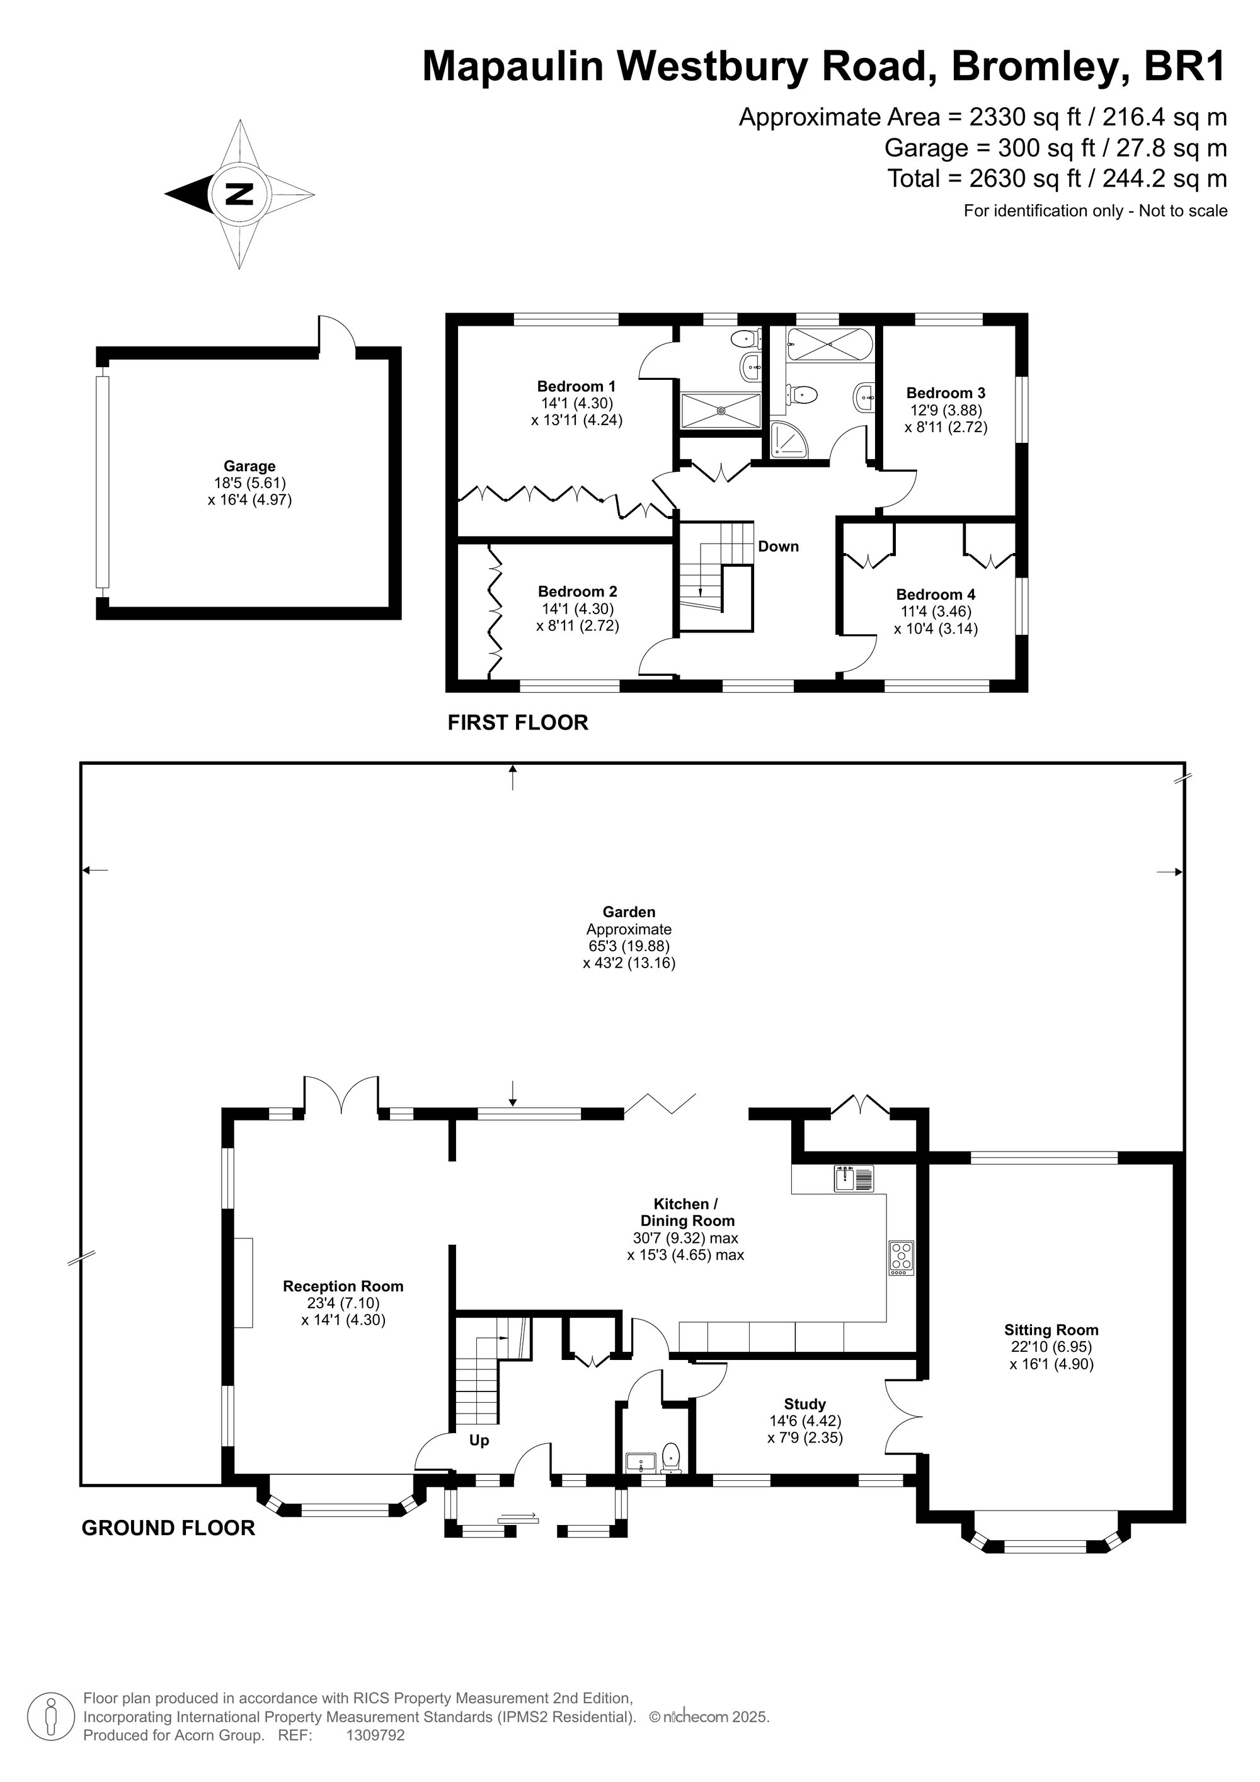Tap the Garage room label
click(249, 465)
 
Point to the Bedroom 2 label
click(578, 591)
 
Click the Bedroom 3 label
click(946, 392)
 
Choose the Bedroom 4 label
click(936, 595)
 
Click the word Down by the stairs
click(779, 546)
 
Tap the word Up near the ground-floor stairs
click(479, 1441)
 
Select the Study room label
click(805, 1404)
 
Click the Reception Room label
click(343, 1286)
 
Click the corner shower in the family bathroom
click(790, 441)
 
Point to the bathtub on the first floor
click(830, 343)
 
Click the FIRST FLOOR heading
click(518, 723)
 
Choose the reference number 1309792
click(375, 1735)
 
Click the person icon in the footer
click(51, 1716)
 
